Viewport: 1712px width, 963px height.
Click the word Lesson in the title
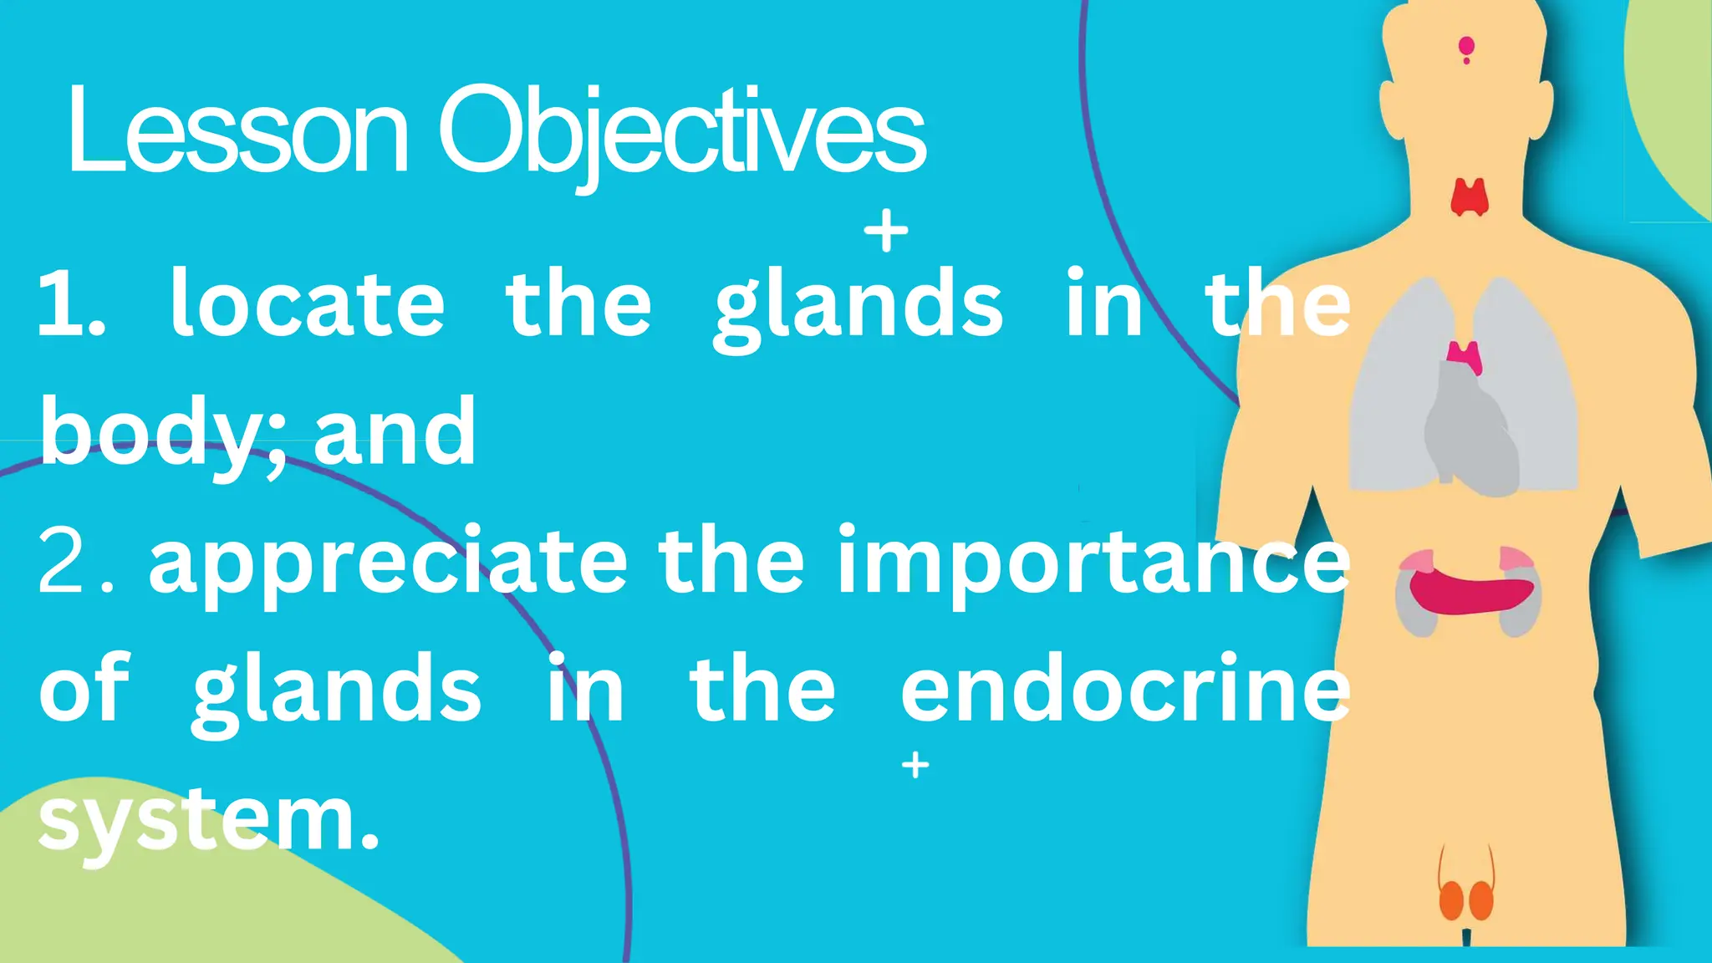[237, 132]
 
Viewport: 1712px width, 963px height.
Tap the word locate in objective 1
[308, 306]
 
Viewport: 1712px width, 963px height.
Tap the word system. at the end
[209, 823]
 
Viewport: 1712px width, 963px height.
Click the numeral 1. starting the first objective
[72, 306]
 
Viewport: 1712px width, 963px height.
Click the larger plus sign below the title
[886, 232]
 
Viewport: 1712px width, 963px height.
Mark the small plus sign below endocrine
[915, 765]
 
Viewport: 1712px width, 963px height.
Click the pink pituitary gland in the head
[1466, 48]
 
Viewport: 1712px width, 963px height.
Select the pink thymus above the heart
[1465, 356]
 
